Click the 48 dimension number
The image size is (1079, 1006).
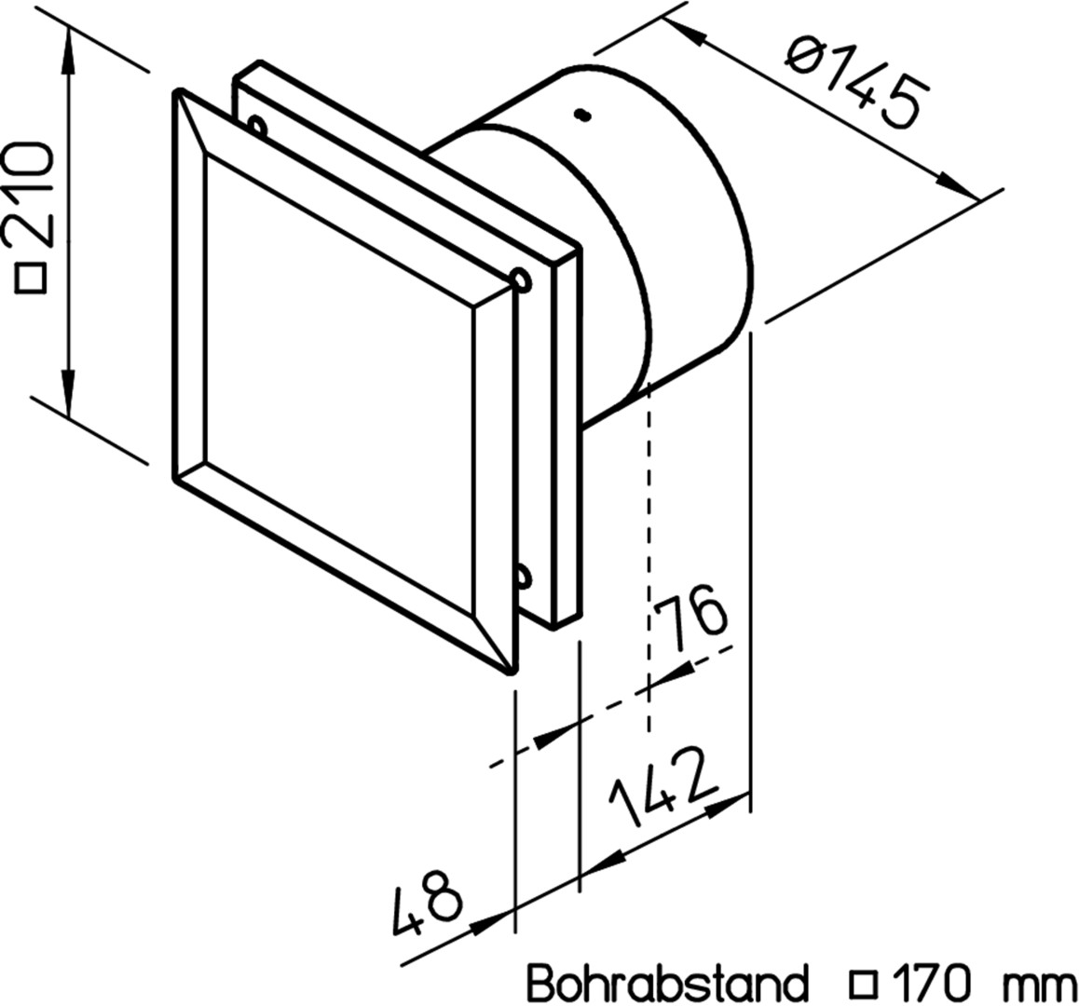pos(427,904)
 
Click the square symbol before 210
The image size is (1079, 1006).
pos(33,277)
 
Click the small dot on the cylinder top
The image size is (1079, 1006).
pos(582,116)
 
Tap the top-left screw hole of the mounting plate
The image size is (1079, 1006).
pos(256,125)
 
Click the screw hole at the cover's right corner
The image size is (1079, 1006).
pos(521,279)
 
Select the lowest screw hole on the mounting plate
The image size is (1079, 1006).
pos(524,576)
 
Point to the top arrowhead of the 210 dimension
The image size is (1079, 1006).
pos(68,51)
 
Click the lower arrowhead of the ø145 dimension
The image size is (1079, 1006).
pos(957,186)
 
